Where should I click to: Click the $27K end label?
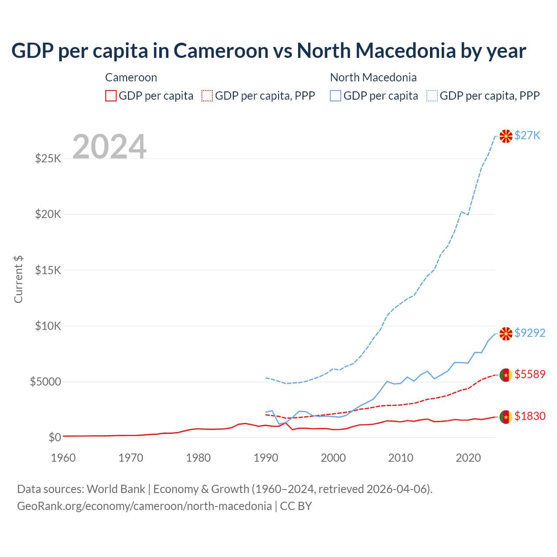(527, 136)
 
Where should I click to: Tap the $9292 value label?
(530, 333)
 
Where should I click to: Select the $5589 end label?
(530, 375)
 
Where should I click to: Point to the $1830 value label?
(530, 416)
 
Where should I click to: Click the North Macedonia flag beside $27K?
(506, 136)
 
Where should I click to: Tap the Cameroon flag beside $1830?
(506, 417)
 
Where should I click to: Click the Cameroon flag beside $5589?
(506, 375)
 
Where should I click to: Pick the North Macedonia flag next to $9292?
(506, 334)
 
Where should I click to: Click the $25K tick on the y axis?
(48, 159)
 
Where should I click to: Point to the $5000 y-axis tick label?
(45, 382)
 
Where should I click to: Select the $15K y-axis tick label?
(48, 271)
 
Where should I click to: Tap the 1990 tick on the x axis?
(265, 458)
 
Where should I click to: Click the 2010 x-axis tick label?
(400, 458)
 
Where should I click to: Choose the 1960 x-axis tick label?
(64, 458)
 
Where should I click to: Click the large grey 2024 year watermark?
(109, 147)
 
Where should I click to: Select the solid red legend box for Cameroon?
(111, 96)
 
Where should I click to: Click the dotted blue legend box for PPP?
(432, 96)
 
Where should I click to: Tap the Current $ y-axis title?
(18, 279)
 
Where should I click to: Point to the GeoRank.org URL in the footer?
(144, 506)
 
